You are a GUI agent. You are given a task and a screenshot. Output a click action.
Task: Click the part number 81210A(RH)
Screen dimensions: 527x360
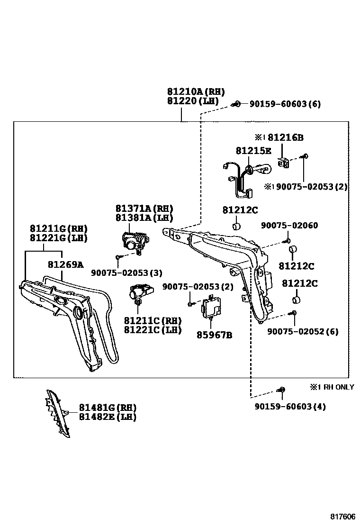click(195, 92)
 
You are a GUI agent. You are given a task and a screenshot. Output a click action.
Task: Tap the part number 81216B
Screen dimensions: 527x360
click(285, 138)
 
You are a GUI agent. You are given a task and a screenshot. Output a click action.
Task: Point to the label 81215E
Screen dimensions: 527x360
click(253, 151)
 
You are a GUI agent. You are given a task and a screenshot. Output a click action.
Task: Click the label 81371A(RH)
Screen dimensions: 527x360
click(144, 209)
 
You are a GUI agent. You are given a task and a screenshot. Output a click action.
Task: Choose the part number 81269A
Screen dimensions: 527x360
click(65, 264)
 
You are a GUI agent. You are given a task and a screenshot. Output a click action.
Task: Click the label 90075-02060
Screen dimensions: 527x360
click(289, 226)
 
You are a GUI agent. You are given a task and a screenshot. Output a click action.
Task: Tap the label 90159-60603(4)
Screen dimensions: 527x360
click(290, 406)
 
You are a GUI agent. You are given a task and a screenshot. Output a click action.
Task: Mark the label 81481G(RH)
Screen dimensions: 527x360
click(108, 408)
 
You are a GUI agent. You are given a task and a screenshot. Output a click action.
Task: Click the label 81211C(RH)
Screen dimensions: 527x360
click(153, 321)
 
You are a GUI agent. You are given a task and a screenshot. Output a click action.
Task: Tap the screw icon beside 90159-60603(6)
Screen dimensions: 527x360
click(237, 104)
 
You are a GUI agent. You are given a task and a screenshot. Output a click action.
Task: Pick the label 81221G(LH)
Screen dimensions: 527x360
click(59, 238)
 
